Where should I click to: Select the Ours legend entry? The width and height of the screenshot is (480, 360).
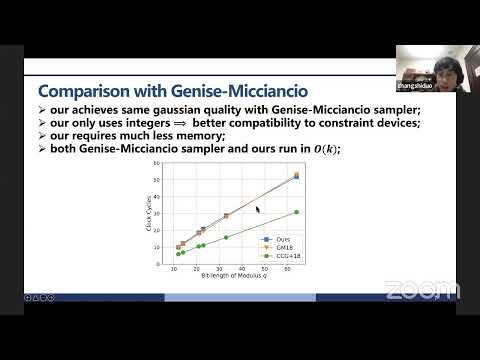pos(283,239)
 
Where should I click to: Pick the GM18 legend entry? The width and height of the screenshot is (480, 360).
pos(284,247)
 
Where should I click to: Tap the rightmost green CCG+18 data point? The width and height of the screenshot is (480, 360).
pos(297,212)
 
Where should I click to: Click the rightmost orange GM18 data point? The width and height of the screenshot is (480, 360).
pos(297,175)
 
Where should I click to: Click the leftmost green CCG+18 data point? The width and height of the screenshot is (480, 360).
pos(178,254)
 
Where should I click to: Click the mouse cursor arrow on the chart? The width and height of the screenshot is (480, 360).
pos(258,210)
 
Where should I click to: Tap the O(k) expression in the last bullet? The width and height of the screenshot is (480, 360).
pos(324,149)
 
